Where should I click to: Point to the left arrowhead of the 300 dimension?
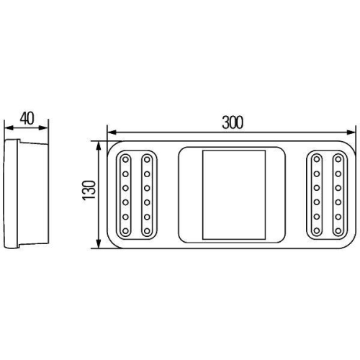(110, 132)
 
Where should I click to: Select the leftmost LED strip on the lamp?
(126, 194)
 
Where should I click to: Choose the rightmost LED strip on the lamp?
(337, 194)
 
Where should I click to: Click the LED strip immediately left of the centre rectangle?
(147, 194)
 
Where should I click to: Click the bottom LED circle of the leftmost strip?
(126, 231)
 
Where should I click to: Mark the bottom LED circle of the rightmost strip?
(337, 231)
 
